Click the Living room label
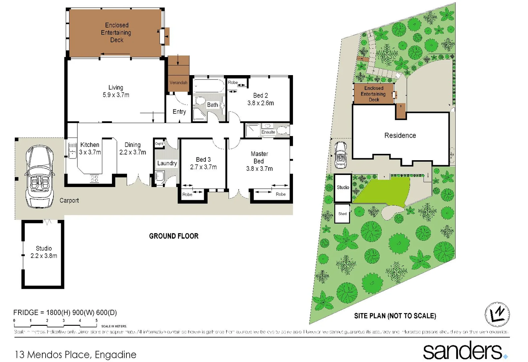click(x=116, y=87)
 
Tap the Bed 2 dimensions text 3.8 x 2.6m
click(x=260, y=103)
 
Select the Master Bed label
click(x=259, y=158)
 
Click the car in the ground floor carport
click(x=40, y=176)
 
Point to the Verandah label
click(x=178, y=83)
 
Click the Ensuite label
click(x=268, y=132)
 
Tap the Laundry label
click(x=167, y=163)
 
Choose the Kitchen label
click(x=90, y=145)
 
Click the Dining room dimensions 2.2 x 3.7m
click(x=133, y=152)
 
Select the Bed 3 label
click(x=203, y=160)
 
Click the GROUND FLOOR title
click(x=174, y=236)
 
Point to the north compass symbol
click(x=497, y=314)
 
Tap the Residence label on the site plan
click(x=400, y=135)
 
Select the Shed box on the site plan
click(x=342, y=214)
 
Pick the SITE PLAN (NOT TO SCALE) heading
click(x=395, y=316)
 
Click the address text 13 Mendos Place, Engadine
click(x=75, y=355)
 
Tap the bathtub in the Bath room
click(x=209, y=86)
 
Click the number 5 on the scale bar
click(x=97, y=320)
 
